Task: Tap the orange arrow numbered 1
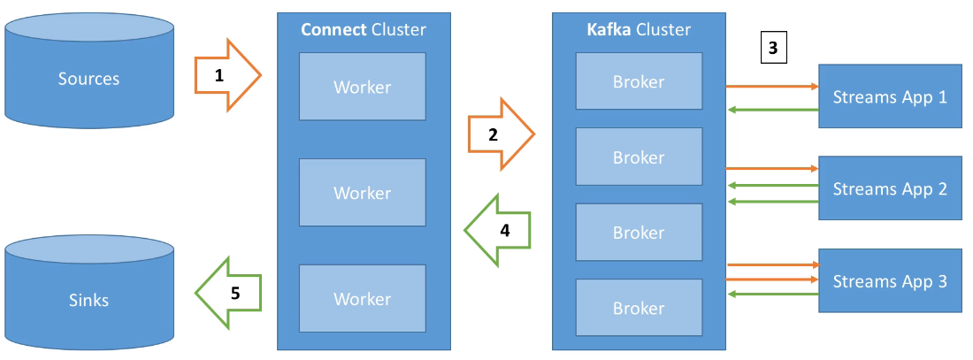coord(228,75)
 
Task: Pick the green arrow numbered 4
coord(497,230)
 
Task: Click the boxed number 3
coord(773,49)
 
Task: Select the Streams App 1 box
coord(889,96)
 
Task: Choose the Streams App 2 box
coord(889,188)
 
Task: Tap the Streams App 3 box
coord(889,280)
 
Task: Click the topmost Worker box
coord(363,87)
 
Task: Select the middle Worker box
coord(363,193)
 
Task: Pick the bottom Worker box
coord(363,299)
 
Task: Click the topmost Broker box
coord(639,80)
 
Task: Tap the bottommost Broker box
coord(639,307)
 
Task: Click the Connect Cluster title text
coord(363,30)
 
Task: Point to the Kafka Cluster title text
coord(639,30)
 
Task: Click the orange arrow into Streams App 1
coord(772,87)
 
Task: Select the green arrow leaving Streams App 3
coord(772,295)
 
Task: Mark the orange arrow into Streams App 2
coord(772,168)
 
